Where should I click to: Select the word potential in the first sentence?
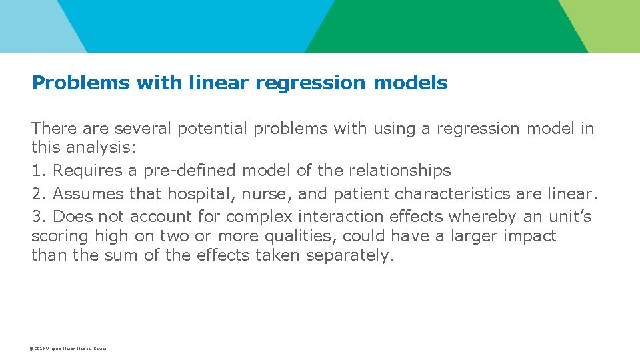[209, 129]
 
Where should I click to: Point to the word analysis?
[99, 147]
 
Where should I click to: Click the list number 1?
[38, 171]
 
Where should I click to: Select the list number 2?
[38, 194]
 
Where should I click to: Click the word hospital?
[195, 194]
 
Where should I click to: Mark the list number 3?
[38, 217]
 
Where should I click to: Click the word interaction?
[338, 217]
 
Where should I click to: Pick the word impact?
[531, 236]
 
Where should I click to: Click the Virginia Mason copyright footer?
[69, 349]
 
